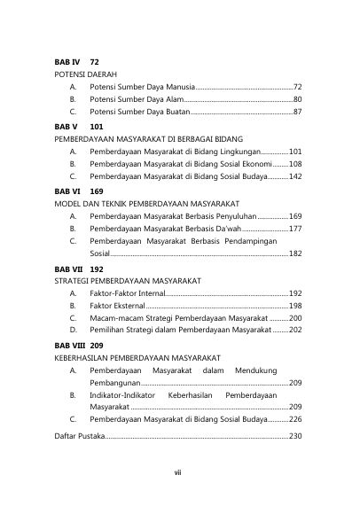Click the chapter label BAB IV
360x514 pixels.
(x=67, y=63)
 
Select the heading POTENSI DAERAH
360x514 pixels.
(x=87, y=75)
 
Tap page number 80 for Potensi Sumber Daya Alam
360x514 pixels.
(x=298, y=100)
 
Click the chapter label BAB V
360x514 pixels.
(x=67, y=127)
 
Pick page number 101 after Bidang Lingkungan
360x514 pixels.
(x=295, y=152)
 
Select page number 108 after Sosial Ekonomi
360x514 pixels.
(x=295, y=164)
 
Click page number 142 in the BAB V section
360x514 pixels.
(x=295, y=177)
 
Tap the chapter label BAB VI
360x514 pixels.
(x=67, y=191)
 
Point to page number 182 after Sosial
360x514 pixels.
(x=295, y=253)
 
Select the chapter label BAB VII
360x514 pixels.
(x=69, y=268)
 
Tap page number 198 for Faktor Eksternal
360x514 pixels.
(x=295, y=305)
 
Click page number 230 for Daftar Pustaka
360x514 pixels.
(x=295, y=436)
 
